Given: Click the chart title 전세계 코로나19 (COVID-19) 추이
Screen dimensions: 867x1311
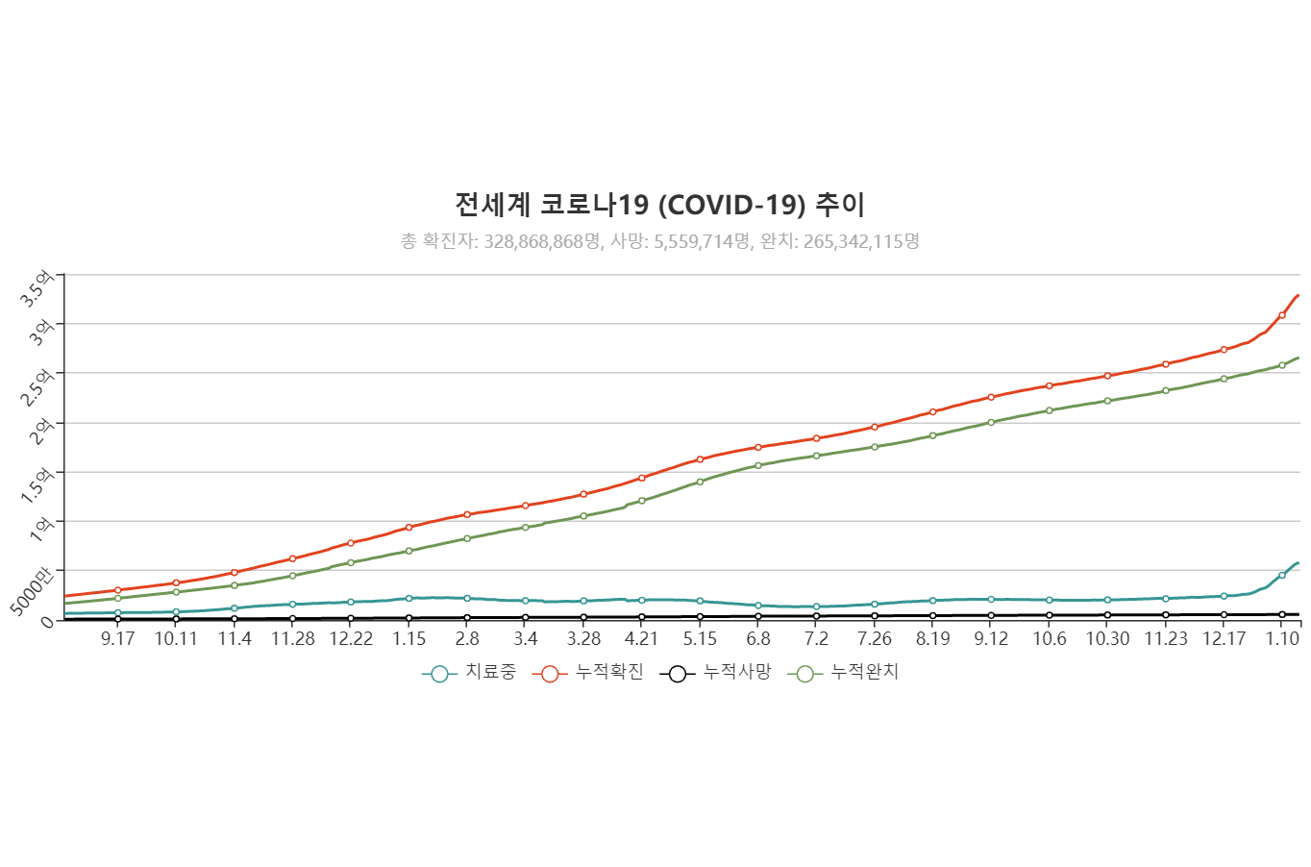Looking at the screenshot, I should pyautogui.click(x=659, y=205).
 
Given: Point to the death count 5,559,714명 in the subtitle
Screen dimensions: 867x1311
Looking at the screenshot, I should pyautogui.click(x=702, y=241).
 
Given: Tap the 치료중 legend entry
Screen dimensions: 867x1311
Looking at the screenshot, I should pyautogui.click(x=469, y=673).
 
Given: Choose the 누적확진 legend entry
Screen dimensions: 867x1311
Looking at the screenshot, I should pyautogui.click(x=587, y=673).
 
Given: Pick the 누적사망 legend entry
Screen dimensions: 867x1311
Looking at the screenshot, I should pyautogui.click(x=715, y=673).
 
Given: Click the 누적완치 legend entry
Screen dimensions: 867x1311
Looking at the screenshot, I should pyautogui.click(x=843, y=673).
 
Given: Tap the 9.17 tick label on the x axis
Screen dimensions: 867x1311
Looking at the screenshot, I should pyautogui.click(x=117, y=639).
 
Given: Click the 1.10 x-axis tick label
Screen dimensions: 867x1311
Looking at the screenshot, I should pyautogui.click(x=1282, y=639).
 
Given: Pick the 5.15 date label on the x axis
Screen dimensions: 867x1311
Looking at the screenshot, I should pyautogui.click(x=700, y=639).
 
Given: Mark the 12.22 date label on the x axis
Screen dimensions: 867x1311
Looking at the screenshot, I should pyautogui.click(x=351, y=639).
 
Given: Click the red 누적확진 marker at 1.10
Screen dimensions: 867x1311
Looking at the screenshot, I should pyautogui.click(x=1282, y=315).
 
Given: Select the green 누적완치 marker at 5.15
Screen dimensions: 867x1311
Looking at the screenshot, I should pyautogui.click(x=700, y=482).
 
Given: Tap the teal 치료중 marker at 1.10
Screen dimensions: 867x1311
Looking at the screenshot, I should pyautogui.click(x=1282, y=575).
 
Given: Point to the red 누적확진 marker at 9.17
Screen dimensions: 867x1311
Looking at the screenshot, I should pyautogui.click(x=117, y=590).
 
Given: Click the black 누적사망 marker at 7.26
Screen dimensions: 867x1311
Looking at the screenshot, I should pyautogui.click(x=875, y=616).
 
